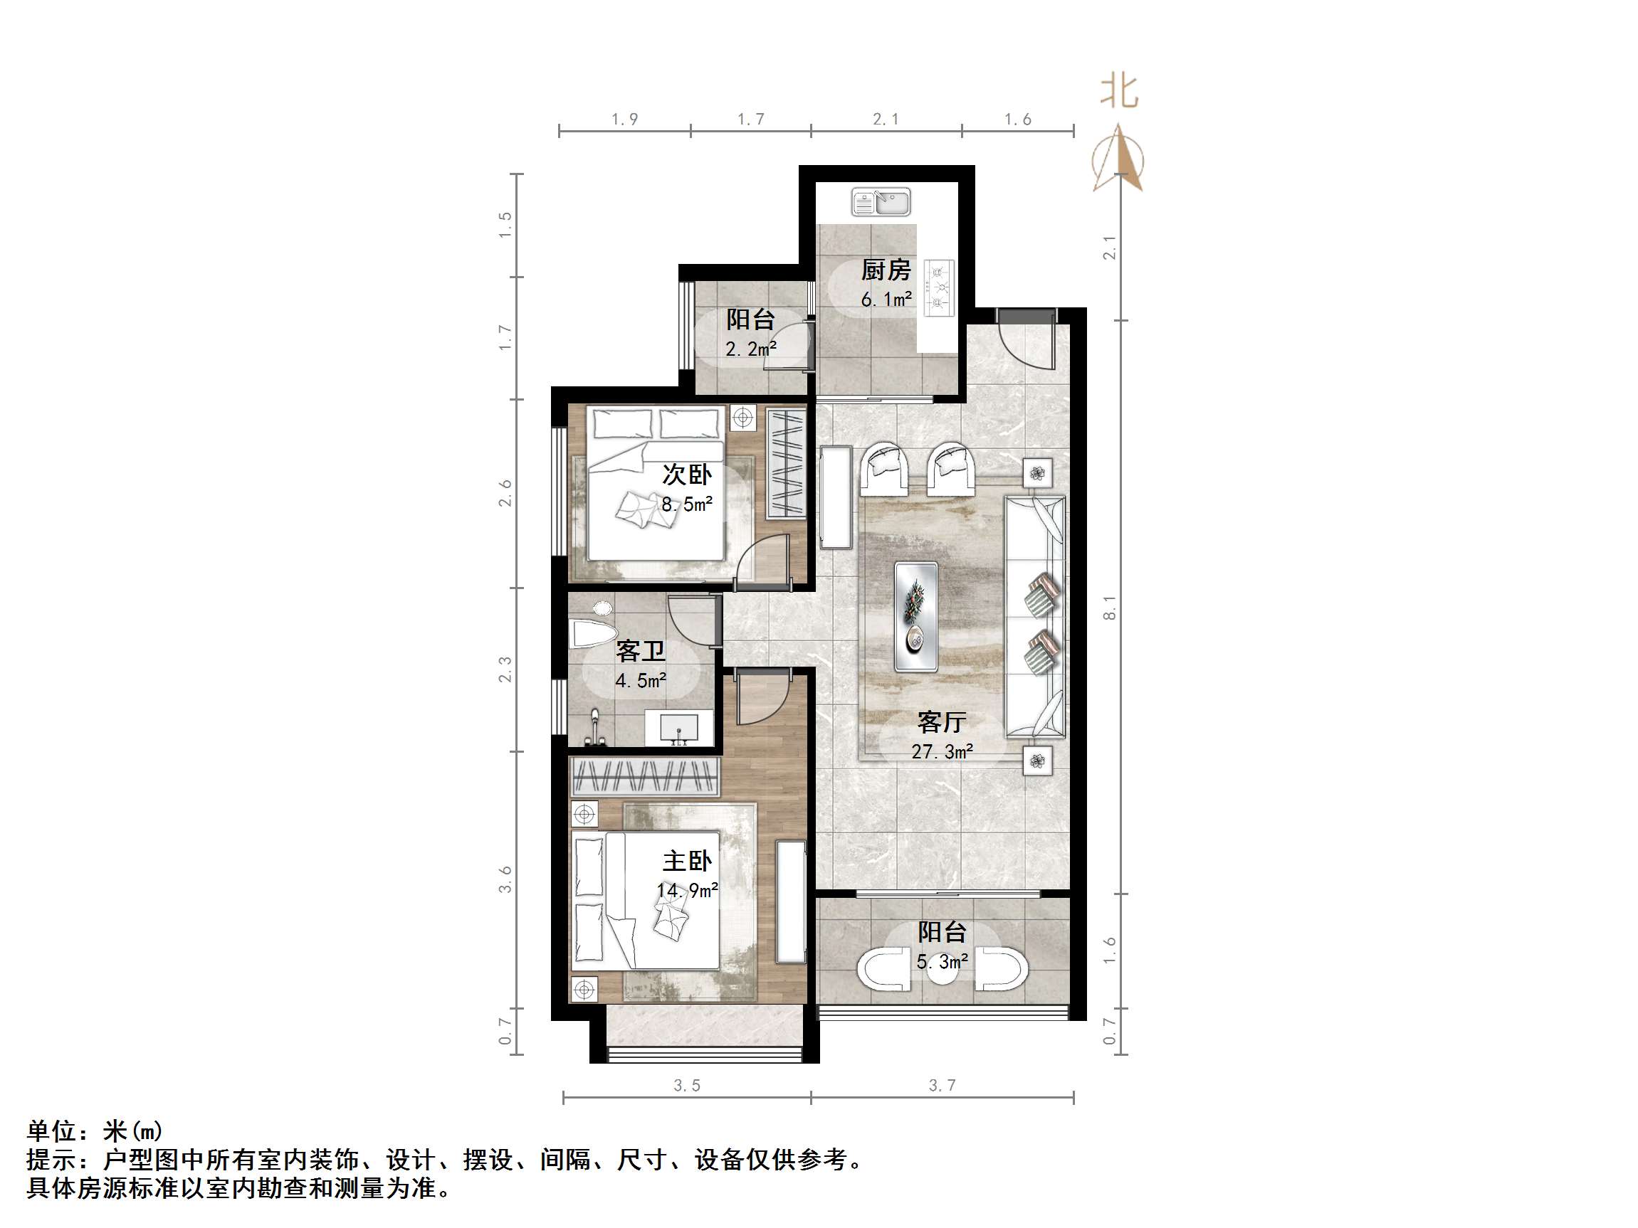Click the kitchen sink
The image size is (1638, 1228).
click(x=881, y=202)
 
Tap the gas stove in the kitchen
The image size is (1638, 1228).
click(x=940, y=287)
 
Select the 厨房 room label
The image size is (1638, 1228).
click(x=886, y=270)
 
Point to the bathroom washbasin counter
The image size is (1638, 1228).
click(x=678, y=729)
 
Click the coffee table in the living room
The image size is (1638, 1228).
click(x=916, y=617)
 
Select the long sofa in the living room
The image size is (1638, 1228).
click(x=1034, y=617)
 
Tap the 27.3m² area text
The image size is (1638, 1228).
click(x=942, y=752)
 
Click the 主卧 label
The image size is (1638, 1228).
click(x=686, y=861)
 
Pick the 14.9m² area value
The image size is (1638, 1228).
click(x=686, y=891)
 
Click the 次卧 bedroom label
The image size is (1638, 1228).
click(x=686, y=474)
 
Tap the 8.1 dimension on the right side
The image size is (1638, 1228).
click(x=1108, y=607)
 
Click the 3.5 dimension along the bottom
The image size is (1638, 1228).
click(x=686, y=1085)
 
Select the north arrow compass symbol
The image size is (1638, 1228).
click(x=1118, y=159)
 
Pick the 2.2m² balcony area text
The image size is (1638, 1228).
click(x=750, y=349)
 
